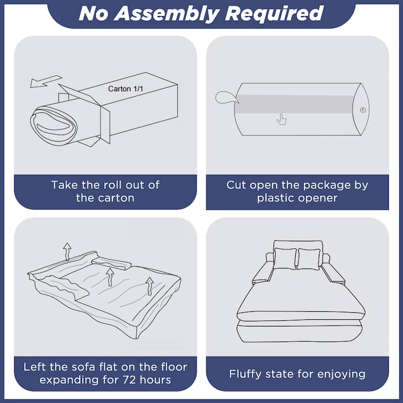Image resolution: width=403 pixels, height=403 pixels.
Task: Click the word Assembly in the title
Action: (x=167, y=14)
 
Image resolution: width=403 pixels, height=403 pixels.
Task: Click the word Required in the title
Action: (x=274, y=14)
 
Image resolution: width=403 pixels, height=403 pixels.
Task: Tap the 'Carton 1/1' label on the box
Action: (x=125, y=89)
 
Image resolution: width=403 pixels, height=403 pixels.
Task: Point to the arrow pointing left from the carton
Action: (x=46, y=81)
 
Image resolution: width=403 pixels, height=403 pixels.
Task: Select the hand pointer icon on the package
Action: (x=282, y=119)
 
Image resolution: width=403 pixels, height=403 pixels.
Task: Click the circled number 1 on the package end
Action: (x=363, y=110)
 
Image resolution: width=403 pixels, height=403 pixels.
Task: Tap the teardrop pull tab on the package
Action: (x=226, y=98)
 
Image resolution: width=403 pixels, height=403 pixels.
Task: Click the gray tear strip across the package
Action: (x=294, y=104)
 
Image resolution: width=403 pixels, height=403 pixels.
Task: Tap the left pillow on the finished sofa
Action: (x=285, y=258)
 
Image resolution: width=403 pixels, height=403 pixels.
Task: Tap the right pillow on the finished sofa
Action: (x=309, y=259)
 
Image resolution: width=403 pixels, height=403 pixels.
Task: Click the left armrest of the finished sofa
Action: (x=262, y=272)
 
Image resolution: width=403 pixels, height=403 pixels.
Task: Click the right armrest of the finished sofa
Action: (x=333, y=273)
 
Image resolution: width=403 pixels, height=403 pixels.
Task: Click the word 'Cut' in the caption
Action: (x=236, y=185)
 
